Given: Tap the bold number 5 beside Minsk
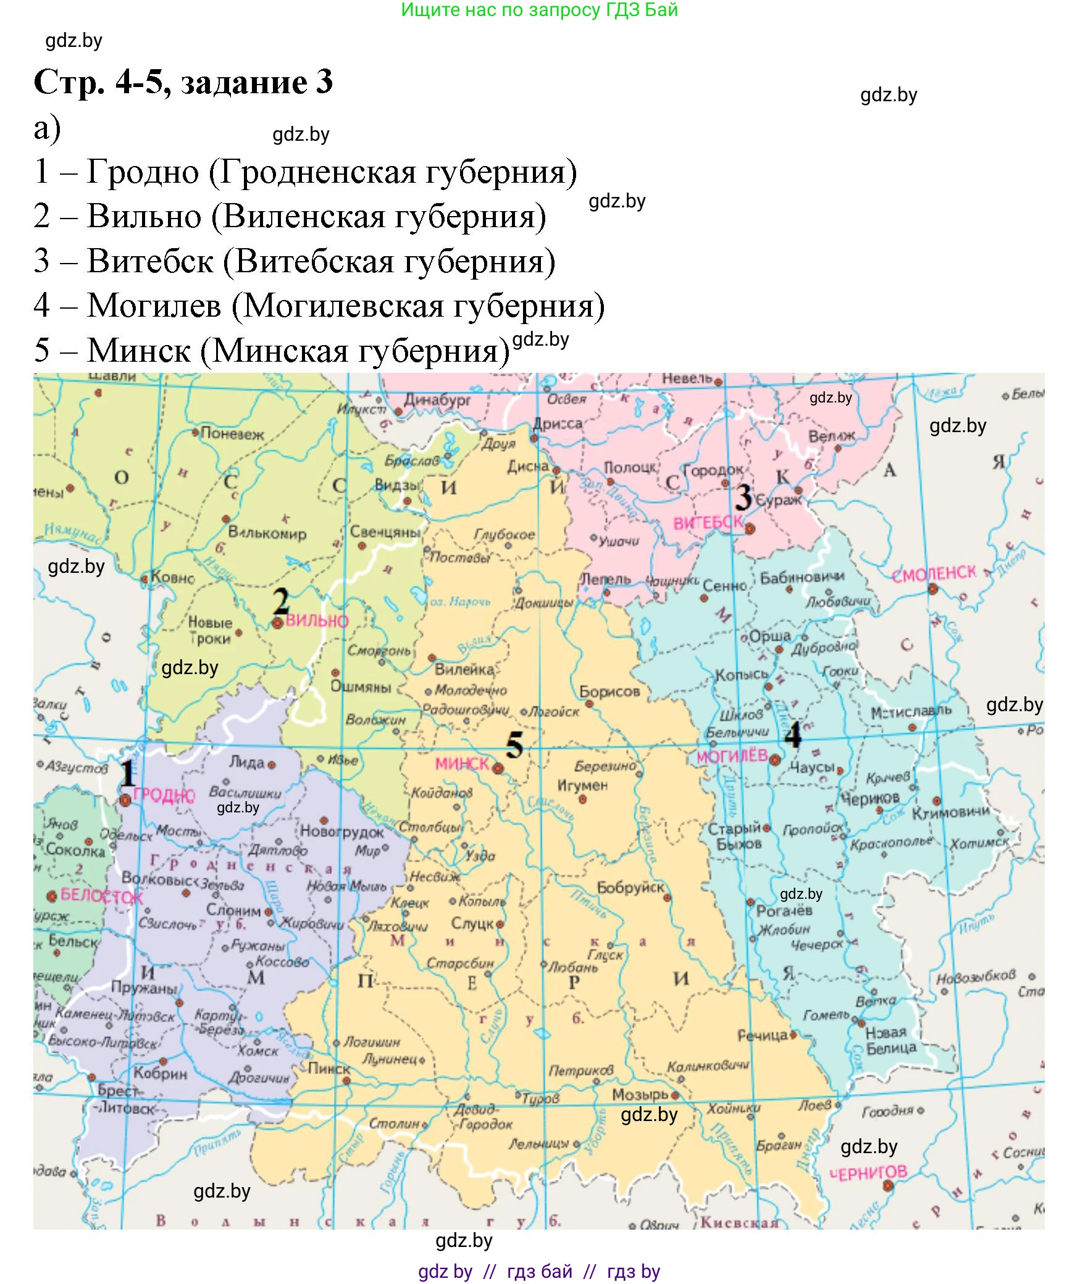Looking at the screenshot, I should [514, 745].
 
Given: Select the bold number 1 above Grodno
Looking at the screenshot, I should [127, 772].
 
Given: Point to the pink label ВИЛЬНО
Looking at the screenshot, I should [317, 621].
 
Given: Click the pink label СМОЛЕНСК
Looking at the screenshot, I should [934, 574].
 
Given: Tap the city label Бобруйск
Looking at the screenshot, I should [630, 888].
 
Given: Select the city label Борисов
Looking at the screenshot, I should [609, 691].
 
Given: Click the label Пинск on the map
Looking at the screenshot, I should [329, 1069].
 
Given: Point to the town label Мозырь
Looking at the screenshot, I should [640, 1094].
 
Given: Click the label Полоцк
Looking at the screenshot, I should [630, 468].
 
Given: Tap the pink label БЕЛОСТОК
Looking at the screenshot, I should [102, 896].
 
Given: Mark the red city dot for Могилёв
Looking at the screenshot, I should [774, 760].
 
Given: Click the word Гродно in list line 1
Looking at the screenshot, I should [143, 172].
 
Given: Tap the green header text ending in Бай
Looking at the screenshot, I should [539, 10].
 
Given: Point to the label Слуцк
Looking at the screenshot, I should [472, 923].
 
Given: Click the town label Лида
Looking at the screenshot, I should [246, 762].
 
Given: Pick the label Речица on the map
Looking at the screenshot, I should [762, 1035].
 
